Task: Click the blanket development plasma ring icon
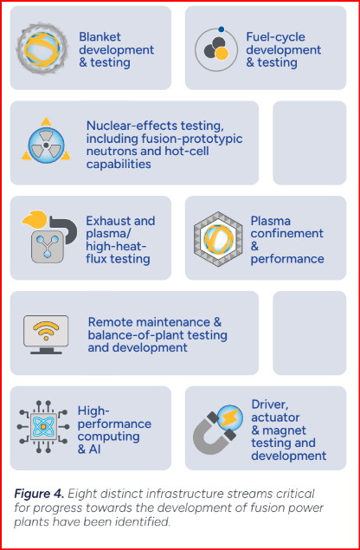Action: [x=42, y=49]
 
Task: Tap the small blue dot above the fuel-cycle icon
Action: [x=221, y=29]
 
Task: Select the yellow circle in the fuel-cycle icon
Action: [x=222, y=54]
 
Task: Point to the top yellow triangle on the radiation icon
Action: [x=46, y=122]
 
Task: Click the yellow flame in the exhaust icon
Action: [x=35, y=220]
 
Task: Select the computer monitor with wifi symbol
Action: [x=46, y=334]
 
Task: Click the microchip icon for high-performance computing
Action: [x=43, y=426]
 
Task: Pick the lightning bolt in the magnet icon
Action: [x=229, y=417]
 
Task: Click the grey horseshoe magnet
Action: [x=214, y=434]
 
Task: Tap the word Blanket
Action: [x=95, y=37]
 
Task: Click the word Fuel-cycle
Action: [x=275, y=37]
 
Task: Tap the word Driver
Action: [x=270, y=404]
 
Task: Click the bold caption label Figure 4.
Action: [x=39, y=495]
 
